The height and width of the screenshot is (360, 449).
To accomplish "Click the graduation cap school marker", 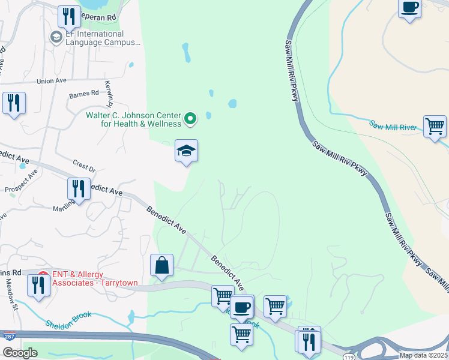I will (187, 151).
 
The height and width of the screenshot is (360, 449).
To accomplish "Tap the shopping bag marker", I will (162, 265).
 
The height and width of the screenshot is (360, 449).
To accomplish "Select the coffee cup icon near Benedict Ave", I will (241, 307).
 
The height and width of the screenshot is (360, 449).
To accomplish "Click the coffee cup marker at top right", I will (410, 7).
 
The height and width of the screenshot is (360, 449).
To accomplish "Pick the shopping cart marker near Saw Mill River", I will (435, 127).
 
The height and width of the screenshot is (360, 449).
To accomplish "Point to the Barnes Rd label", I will (83, 94).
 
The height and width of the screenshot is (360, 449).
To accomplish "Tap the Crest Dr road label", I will (83, 167).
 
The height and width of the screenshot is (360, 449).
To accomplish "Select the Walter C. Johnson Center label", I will (133, 119).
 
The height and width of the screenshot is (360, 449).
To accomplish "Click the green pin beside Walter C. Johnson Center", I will (190, 119).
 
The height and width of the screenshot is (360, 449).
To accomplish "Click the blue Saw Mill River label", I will (393, 126).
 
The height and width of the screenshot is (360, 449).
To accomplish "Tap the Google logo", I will (19, 353).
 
